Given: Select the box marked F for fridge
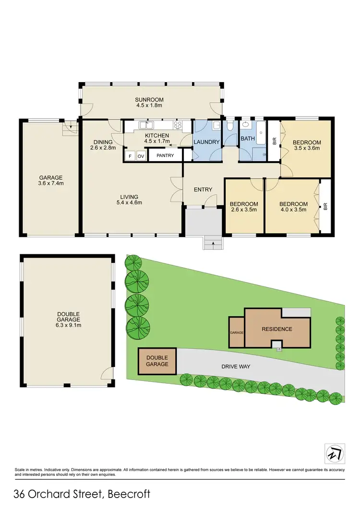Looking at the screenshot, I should click(x=130, y=156).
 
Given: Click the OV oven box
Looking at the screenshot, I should click(x=141, y=156).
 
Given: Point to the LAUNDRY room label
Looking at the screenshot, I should click(x=206, y=142).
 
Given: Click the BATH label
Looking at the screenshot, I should click(x=248, y=139).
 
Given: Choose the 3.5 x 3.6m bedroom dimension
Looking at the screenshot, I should click(x=307, y=148).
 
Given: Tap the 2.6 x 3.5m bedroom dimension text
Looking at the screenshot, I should click(x=244, y=210).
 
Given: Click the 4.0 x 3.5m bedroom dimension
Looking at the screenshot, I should click(x=294, y=210).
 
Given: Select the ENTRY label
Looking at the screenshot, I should click(x=203, y=189).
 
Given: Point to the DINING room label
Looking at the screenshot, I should click(x=103, y=142).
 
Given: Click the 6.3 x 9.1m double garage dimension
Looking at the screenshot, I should click(x=67, y=325).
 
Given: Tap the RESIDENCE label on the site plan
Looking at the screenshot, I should click(x=277, y=329).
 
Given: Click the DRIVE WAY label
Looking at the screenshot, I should click(x=236, y=367).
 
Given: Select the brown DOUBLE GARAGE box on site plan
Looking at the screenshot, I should click(x=157, y=361).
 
